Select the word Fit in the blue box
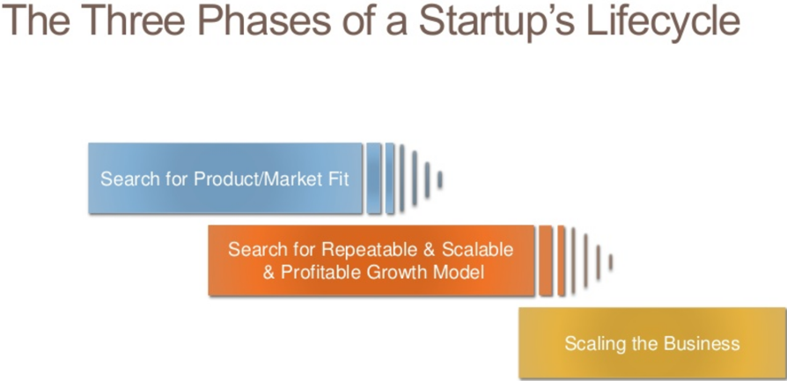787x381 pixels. [x=341, y=179]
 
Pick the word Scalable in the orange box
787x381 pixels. [x=478, y=249]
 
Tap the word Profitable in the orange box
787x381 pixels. [x=321, y=272]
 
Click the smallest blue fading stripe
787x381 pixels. [x=439, y=180]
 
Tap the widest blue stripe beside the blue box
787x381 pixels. [x=373, y=179]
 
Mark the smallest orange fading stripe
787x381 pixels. [x=610, y=262]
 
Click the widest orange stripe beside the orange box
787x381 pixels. [x=546, y=260]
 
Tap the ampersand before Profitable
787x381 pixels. [x=269, y=273]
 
